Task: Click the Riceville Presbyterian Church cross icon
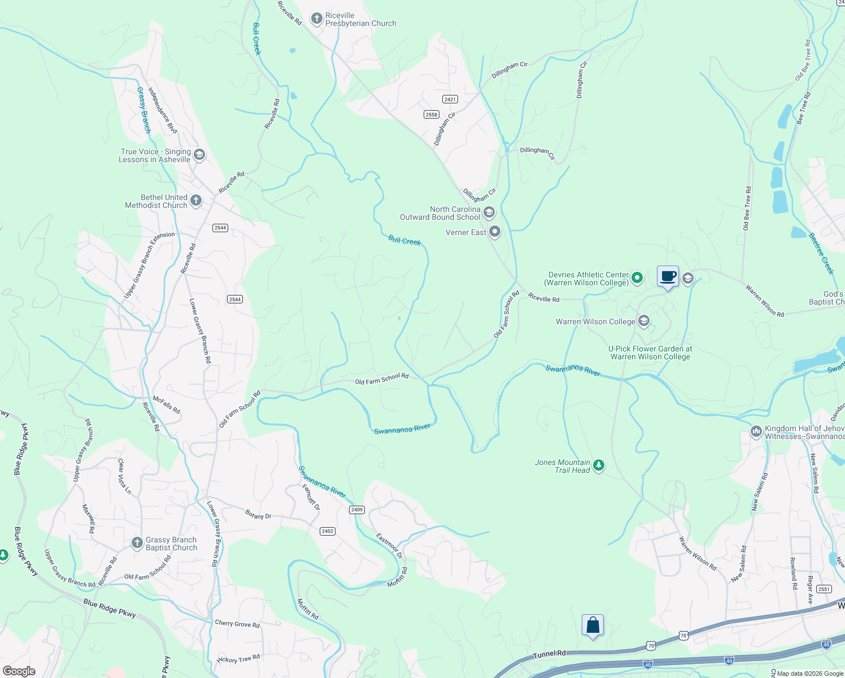click(x=317, y=19)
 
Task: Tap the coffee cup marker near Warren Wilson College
click(x=668, y=276)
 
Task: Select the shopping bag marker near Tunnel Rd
click(x=593, y=625)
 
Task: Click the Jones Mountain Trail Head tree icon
click(x=599, y=466)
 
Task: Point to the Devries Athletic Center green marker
click(x=637, y=277)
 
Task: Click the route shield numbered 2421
click(x=450, y=99)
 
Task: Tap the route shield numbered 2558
click(x=432, y=114)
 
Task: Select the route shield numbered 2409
click(x=356, y=510)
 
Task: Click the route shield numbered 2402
click(x=328, y=531)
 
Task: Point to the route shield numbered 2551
click(x=824, y=589)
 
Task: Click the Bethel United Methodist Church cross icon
click(x=196, y=200)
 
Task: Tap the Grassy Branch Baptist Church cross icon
click(x=137, y=543)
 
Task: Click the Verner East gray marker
click(x=495, y=232)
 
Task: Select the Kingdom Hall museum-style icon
click(x=756, y=432)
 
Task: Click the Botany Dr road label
click(x=258, y=515)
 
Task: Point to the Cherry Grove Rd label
click(x=237, y=624)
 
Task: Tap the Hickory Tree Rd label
click(x=238, y=659)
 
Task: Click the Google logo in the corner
click(x=19, y=671)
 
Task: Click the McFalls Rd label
click(x=167, y=405)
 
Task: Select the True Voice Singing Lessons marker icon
click(x=199, y=155)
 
